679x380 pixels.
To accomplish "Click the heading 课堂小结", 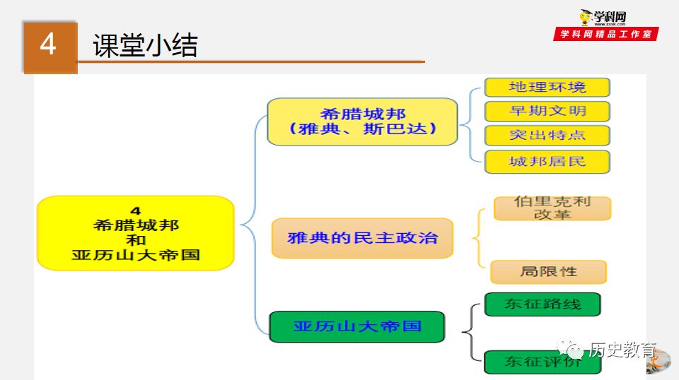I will [145, 46].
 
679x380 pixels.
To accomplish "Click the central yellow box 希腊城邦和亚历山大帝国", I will [135, 233].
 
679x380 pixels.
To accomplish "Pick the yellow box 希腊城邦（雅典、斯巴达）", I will [362, 121].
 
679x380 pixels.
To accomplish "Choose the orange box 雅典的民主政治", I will [362, 237].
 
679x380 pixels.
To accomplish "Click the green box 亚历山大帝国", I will [357, 326].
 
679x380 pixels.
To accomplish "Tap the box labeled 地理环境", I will [547, 88].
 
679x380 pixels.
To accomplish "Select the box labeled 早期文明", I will [547, 111].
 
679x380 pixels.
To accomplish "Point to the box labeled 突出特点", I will [547, 135].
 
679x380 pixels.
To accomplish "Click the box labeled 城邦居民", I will [547, 161].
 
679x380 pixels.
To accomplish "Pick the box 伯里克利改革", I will [552, 208].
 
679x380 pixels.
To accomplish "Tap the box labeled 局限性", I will [548, 272].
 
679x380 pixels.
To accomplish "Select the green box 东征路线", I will [542, 304].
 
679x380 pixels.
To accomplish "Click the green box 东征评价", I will [542, 362].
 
